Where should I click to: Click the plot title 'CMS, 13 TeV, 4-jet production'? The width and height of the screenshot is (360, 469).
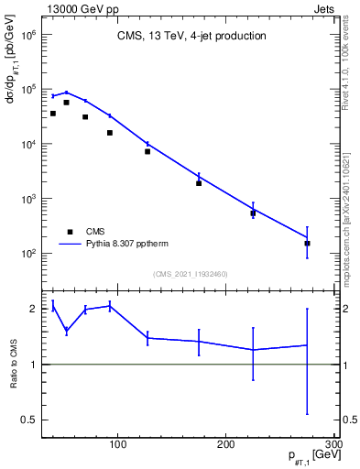click(191, 37)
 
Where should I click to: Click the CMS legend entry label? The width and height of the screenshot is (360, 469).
click(95, 231)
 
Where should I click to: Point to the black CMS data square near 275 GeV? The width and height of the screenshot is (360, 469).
click(307, 243)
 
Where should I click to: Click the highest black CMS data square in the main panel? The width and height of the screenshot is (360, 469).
click(67, 103)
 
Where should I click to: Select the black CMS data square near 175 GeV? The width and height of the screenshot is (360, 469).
click(199, 183)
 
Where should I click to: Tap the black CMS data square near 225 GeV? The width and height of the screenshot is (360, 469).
click(253, 213)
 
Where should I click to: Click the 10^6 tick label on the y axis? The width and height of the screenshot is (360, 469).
click(27, 35)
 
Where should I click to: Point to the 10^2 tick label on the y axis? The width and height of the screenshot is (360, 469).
click(27, 254)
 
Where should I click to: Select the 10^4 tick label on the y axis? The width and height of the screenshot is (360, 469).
click(27, 145)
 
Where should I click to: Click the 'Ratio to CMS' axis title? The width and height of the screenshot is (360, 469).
click(13, 364)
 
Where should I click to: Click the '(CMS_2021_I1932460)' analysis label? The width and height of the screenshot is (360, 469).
click(191, 274)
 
